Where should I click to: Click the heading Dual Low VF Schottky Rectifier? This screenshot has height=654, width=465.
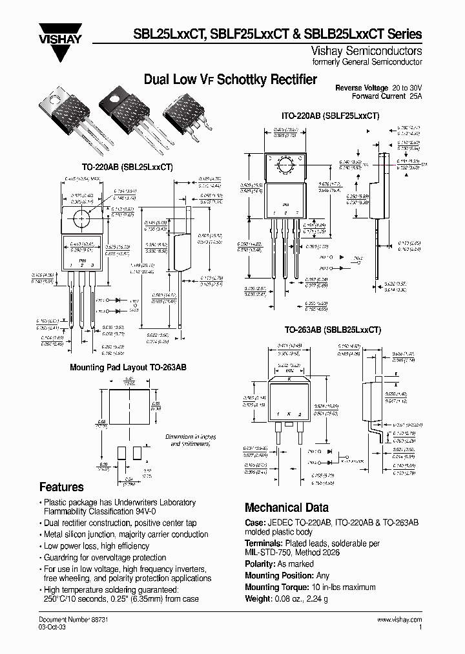(x=230, y=79)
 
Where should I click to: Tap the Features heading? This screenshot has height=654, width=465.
(x=61, y=487)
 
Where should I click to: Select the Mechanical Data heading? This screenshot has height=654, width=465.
(x=286, y=507)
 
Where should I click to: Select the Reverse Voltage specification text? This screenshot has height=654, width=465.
(x=378, y=87)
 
